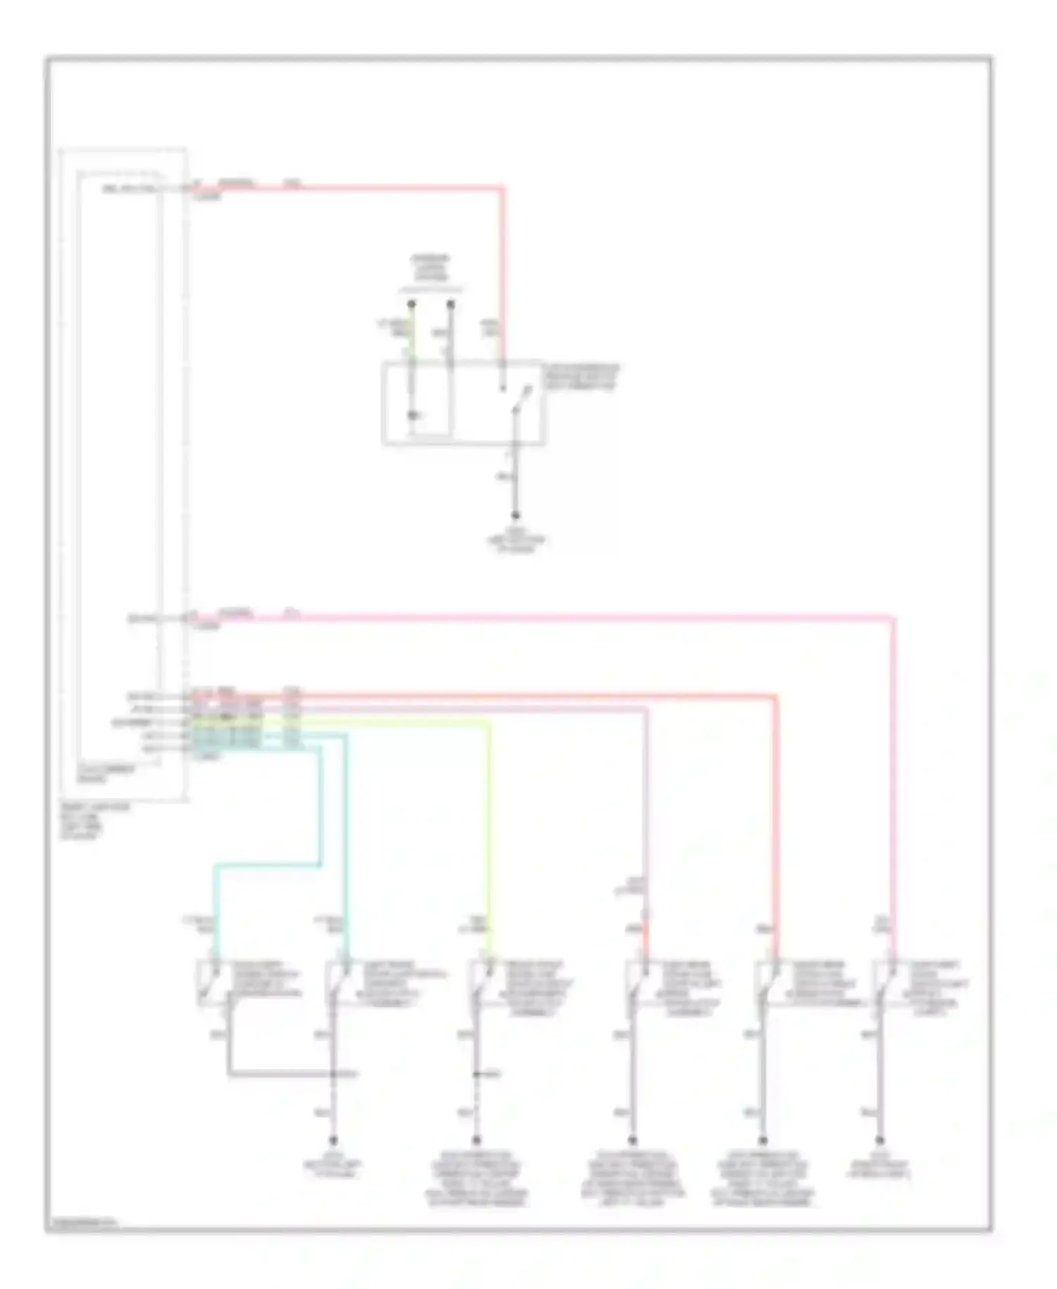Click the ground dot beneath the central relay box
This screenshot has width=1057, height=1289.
pyautogui.click(x=515, y=515)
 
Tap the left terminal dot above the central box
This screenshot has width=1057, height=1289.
pyautogui.click(x=412, y=305)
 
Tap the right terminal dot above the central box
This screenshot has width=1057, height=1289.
pyautogui.click(x=451, y=305)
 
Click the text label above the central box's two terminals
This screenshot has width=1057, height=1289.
pyautogui.click(x=431, y=269)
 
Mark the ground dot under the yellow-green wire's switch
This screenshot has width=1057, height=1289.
pyautogui.click(x=476, y=1140)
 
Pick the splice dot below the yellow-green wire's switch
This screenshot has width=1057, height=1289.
pyautogui.click(x=476, y=1075)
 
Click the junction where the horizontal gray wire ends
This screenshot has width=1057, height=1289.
pyautogui.click(x=334, y=1075)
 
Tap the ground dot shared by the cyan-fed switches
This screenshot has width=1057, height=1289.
pyautogui.click(x=334, y=1140)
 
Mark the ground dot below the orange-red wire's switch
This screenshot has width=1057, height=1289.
pyautogui.click(x=762, y=1140)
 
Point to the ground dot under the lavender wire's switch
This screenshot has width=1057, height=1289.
pyautogui.click(x=632, y=1140)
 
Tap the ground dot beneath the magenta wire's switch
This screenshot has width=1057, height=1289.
pyautogui.click(x=879, y=1140)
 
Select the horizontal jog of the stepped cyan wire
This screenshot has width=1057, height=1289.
pyautogui.click(x=268, y=865)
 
